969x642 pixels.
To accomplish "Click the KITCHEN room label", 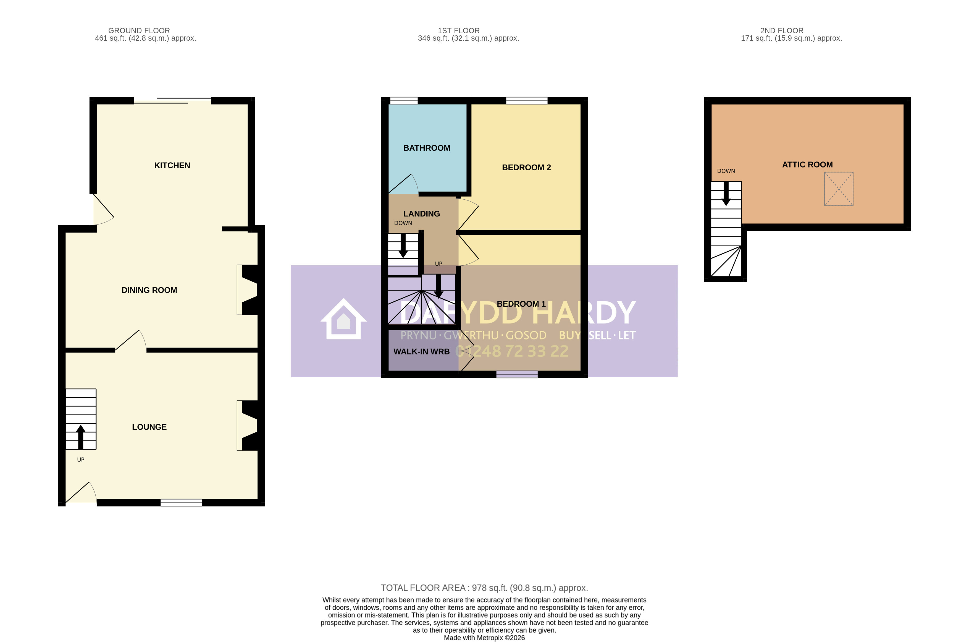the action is tap(172, 165).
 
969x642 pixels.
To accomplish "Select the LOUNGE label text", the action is tap(149, 427).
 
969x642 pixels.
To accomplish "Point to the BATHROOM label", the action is tap(427, 148).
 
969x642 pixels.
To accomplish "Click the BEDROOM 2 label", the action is tap(526, 168).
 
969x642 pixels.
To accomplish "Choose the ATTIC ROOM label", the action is tap(807, 165).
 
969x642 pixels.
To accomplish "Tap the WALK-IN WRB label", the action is tap(421, 352).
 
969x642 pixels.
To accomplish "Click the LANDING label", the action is tap(421, 214).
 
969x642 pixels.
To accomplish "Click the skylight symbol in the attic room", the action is tap(839, 189).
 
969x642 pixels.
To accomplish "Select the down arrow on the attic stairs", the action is tap(726, 193).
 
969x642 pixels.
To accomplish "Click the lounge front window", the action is tap(181, 503).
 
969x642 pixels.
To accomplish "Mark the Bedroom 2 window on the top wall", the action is tap(527, 101).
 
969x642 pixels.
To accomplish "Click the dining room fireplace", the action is tap(248, 290).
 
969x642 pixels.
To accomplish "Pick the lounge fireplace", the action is tap(248, 426).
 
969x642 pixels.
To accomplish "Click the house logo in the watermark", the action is tap(343, 319).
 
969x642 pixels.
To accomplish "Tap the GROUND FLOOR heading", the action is tap(139, 31).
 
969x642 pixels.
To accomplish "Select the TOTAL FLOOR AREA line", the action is tap(484, 588).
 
